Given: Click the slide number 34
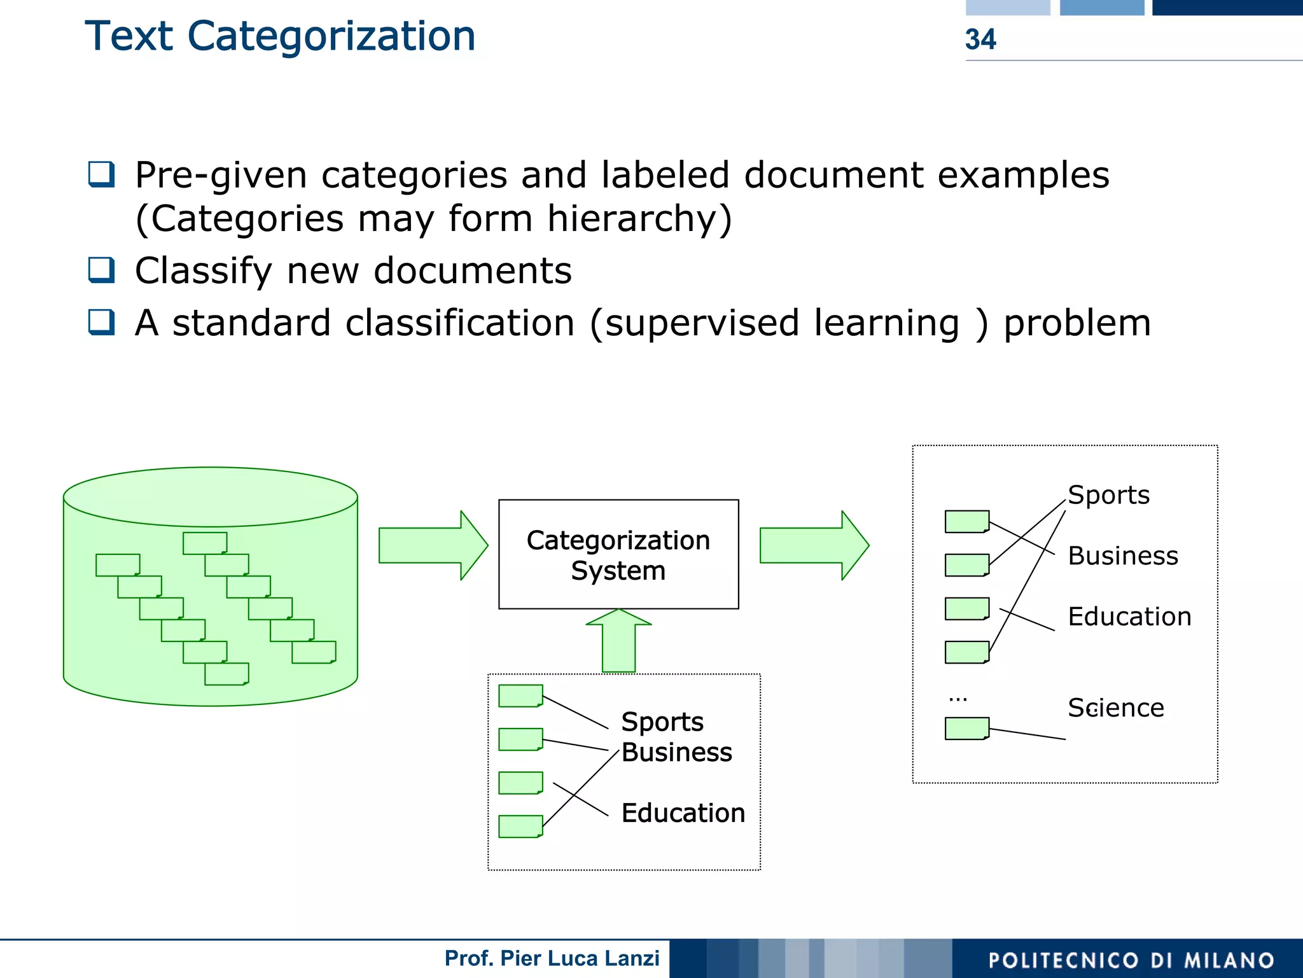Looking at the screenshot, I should (x=980, y=39).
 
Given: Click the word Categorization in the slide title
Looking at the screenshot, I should (x=331, y=36).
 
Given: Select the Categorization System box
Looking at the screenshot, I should (x=618, y=554).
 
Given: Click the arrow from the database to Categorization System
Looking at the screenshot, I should (x=433, y=545).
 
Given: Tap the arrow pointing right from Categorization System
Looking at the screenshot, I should (x=814, y=545).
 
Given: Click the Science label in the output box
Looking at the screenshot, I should (x=1115, y=708).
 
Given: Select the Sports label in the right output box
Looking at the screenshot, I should (x=1108, y=495).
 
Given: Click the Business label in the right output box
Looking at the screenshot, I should (x=1122, y=556).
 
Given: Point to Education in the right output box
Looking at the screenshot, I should (x=1129, y=617).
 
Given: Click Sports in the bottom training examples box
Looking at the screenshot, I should (x=662, y=722).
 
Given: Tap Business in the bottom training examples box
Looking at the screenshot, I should (x=676, y=753).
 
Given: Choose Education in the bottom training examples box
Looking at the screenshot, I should (x=683, y=813).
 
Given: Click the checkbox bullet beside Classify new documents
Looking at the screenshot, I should (x=101, y=270).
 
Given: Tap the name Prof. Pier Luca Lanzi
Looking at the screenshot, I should (x=552, y=958).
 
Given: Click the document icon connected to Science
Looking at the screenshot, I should (x=966, y=729).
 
